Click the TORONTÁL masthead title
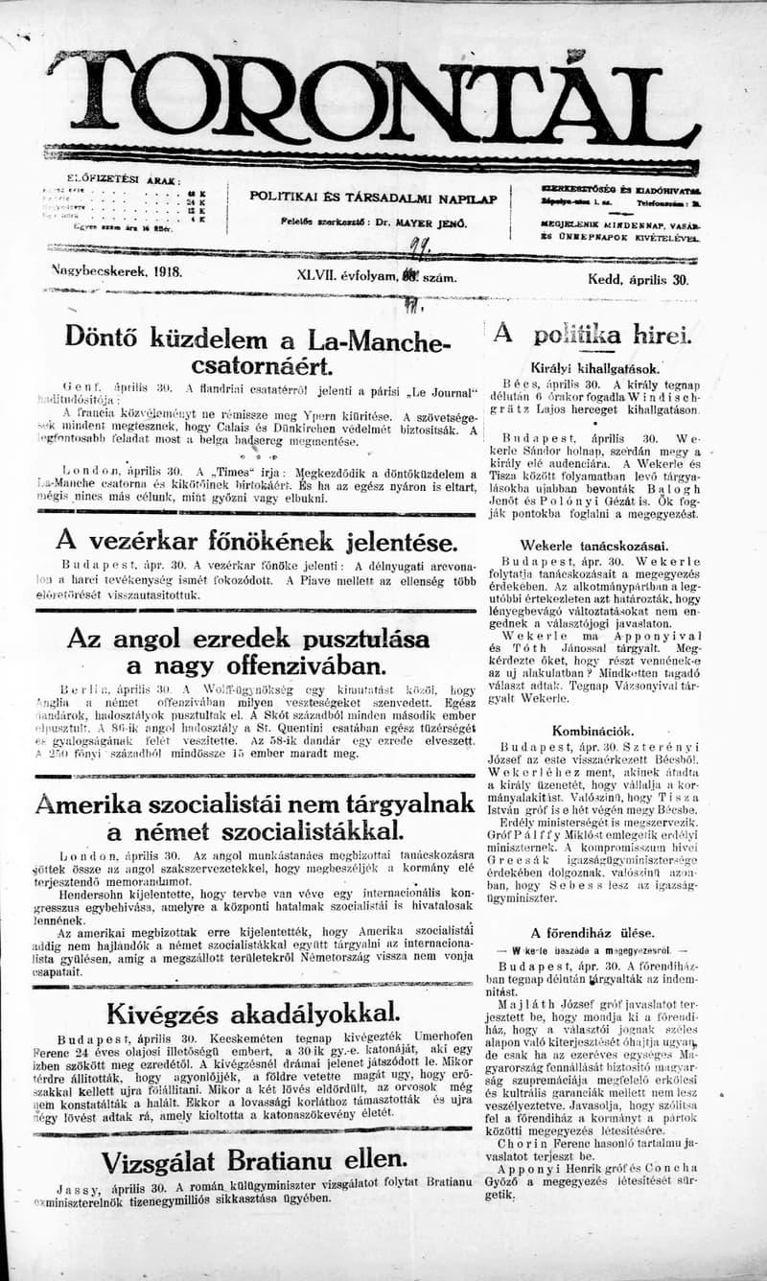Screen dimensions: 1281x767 point(374,96)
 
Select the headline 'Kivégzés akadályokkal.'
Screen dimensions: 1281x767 point(253,1013)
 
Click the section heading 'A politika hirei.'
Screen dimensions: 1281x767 point(593,335)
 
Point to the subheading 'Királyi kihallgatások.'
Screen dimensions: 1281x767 point(594,367)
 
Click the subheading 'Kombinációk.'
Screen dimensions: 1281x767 point(593,730)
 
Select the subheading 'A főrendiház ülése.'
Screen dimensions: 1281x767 point(593,931)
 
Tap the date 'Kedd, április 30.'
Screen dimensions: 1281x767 point(638,280)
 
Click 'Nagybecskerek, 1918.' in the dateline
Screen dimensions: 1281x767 point(117,271)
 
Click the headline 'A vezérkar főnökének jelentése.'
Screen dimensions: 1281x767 point(256,542)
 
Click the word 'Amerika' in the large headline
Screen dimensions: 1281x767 point(98,803)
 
